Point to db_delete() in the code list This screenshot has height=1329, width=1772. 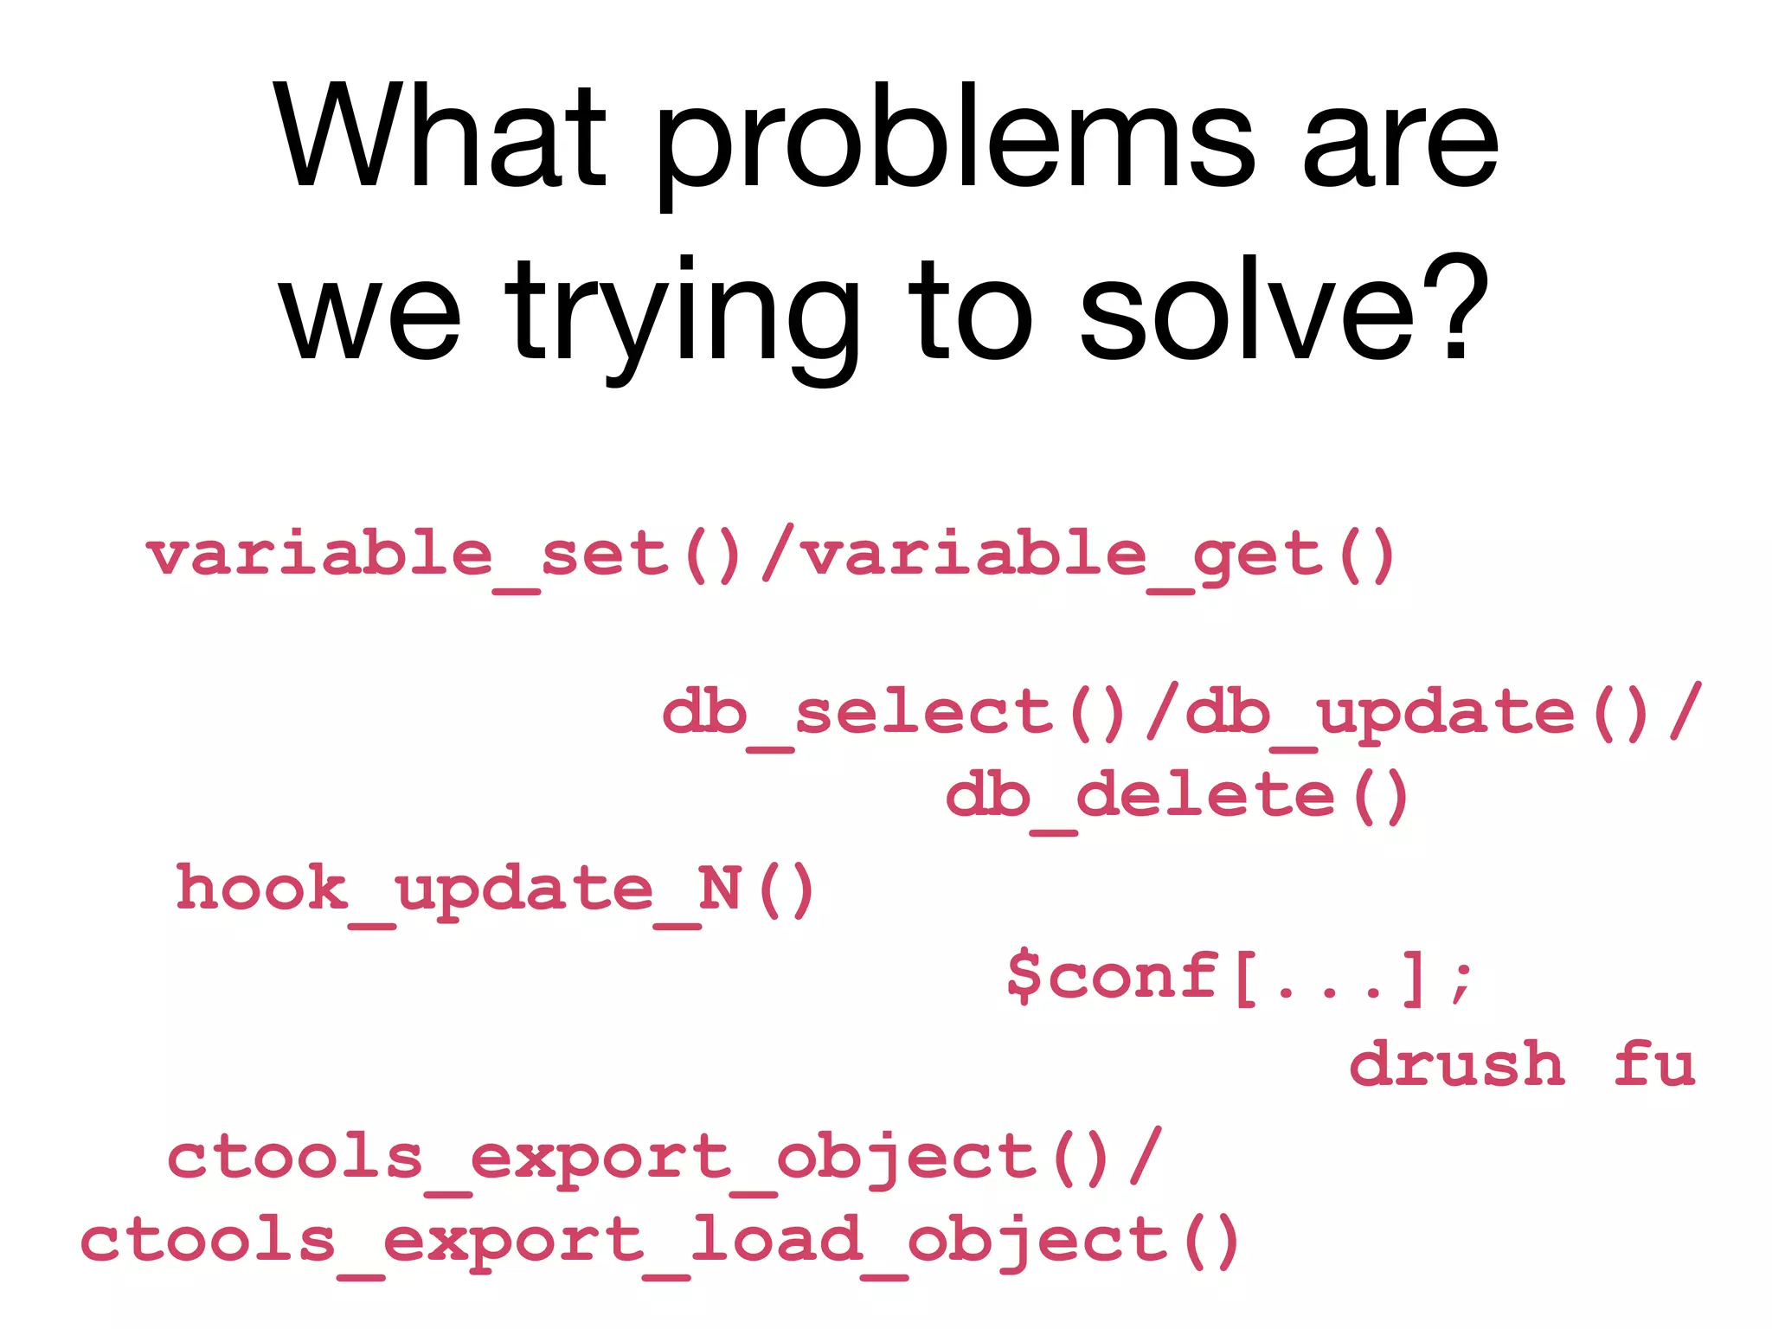click(x=1178, y=797)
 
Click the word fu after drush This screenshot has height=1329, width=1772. click(x=1653, y=1063)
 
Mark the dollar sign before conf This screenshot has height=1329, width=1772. click(x=1024, y=975)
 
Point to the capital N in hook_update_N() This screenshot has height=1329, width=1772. click(x=719, y=889)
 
